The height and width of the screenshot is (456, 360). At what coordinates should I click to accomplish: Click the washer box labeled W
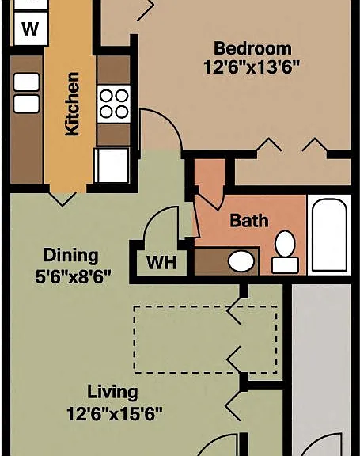pos(31,28)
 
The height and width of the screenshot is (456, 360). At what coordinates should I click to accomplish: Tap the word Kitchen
pos(72,104)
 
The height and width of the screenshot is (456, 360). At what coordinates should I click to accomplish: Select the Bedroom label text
pos(252,48)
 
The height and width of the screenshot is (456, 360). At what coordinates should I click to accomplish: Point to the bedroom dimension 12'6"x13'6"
pos(252,67)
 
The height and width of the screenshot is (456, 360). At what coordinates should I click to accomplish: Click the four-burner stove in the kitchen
pos(114,104)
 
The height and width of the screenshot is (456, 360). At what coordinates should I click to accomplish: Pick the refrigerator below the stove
pos(112,165)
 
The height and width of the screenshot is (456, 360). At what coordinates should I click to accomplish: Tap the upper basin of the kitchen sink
pos(26,82)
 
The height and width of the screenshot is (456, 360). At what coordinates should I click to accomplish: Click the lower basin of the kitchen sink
pos(26,104)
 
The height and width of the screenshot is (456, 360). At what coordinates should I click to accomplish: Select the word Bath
pos(249,220)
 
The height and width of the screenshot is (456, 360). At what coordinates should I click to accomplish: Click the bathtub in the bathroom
pos(329,234)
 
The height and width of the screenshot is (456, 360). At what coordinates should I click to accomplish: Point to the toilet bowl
pos(285,243)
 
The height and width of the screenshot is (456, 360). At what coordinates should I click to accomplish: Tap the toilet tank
pos(285,265)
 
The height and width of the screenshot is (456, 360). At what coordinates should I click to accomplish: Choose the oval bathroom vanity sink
pos(241,261)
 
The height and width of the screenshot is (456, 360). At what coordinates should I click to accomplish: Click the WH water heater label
pos(161,262)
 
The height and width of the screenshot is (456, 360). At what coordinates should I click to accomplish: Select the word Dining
pos(70,256)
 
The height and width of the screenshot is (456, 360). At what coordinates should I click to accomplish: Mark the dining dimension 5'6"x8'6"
pos(74,276)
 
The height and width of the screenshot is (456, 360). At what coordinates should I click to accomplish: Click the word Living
pos(112,393)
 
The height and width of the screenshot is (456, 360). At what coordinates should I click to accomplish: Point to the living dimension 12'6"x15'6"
pos(115,413)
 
